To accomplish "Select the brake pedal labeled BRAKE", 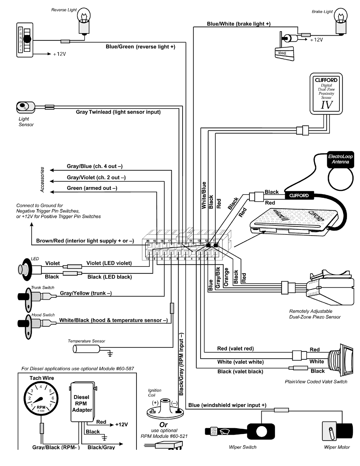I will pos(284,53).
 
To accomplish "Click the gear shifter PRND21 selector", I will pos(25,40).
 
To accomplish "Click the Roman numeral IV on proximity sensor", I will pos(327,105).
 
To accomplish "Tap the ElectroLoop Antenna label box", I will pos(340,159).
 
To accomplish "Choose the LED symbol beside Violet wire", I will pos(26,269).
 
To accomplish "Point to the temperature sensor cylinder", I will pos(86,349).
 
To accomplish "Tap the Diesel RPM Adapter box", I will pos(83,402).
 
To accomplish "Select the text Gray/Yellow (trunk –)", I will pos(86,293).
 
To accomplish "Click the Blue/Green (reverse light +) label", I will pos(140,47).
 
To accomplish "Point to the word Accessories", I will pos(42,179).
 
